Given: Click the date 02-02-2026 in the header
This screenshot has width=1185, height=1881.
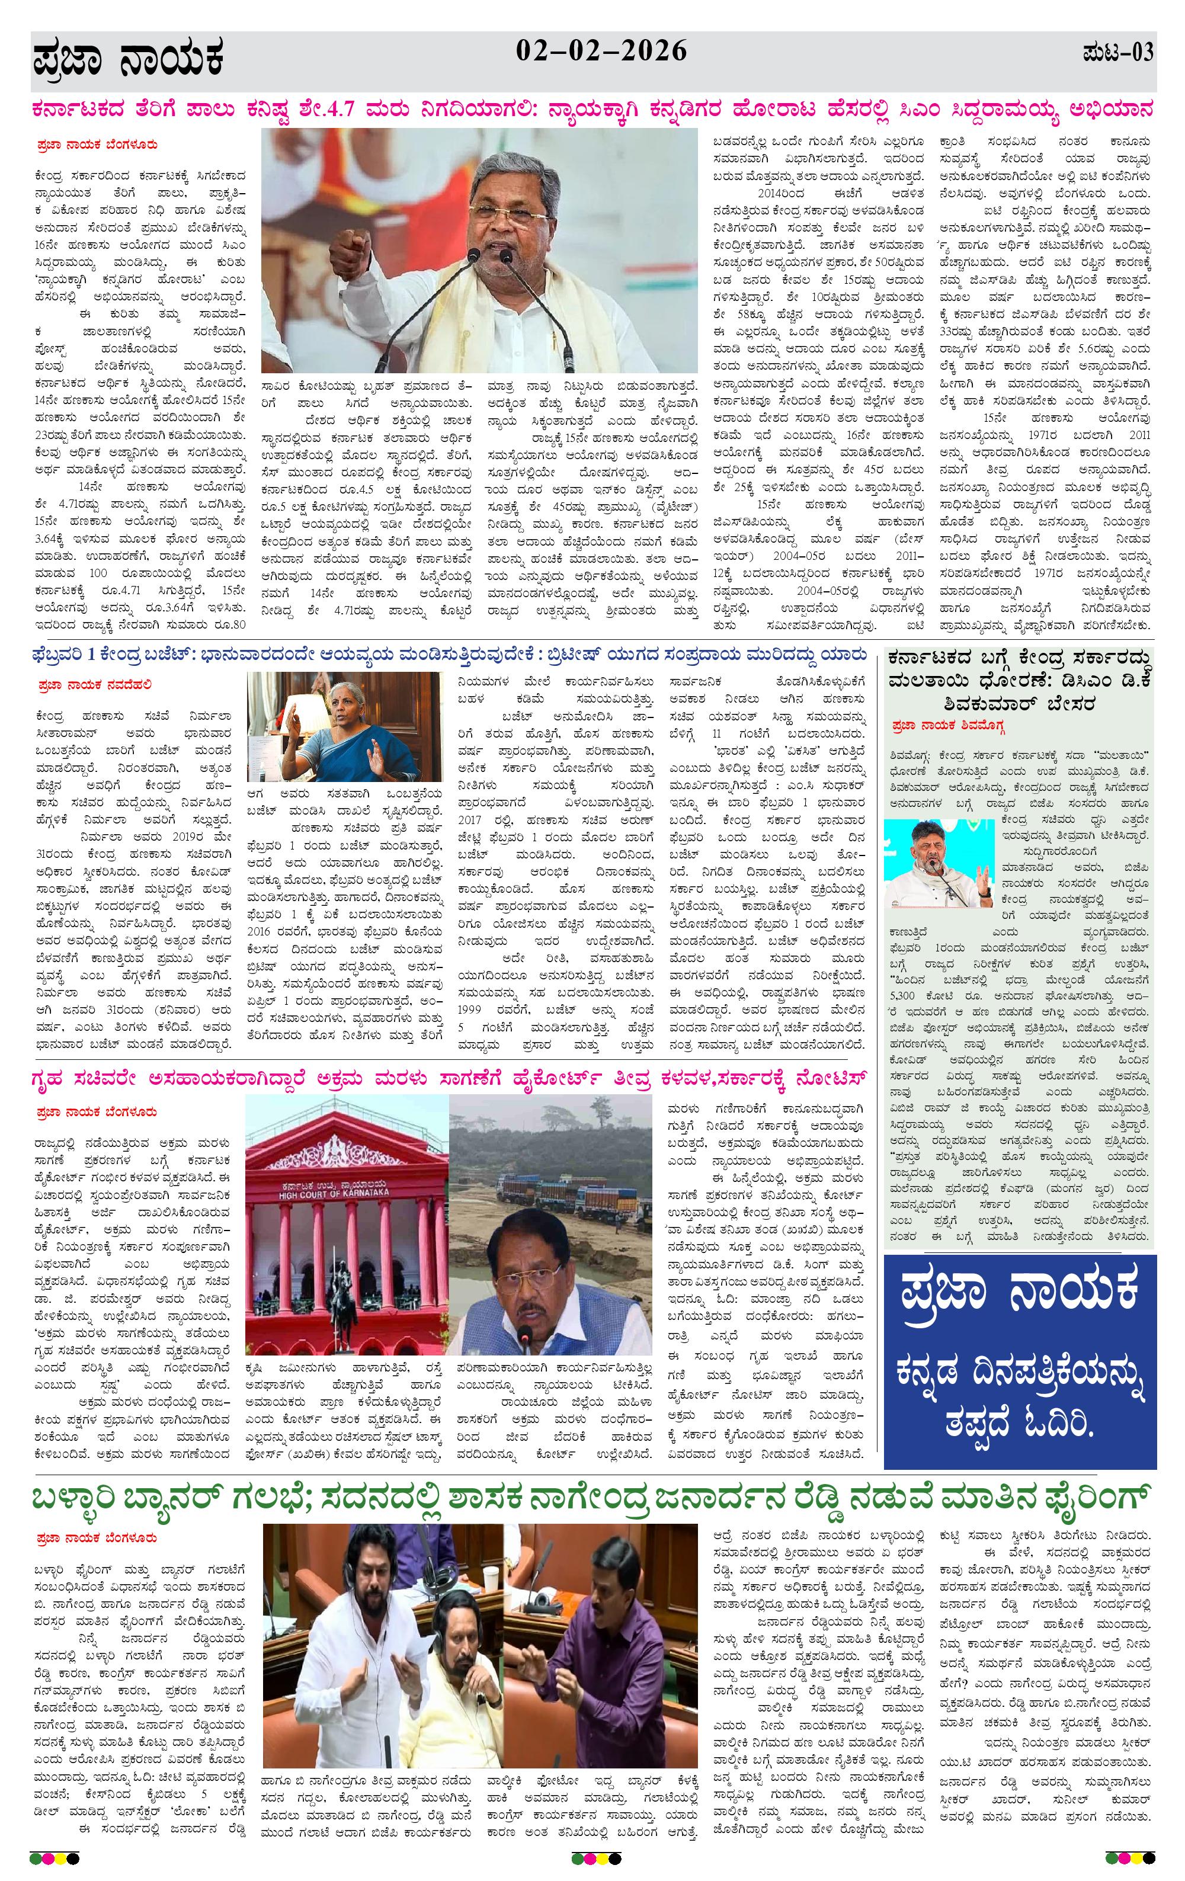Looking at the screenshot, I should (601, 52).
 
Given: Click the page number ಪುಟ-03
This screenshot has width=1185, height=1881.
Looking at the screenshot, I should (1118, 53).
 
